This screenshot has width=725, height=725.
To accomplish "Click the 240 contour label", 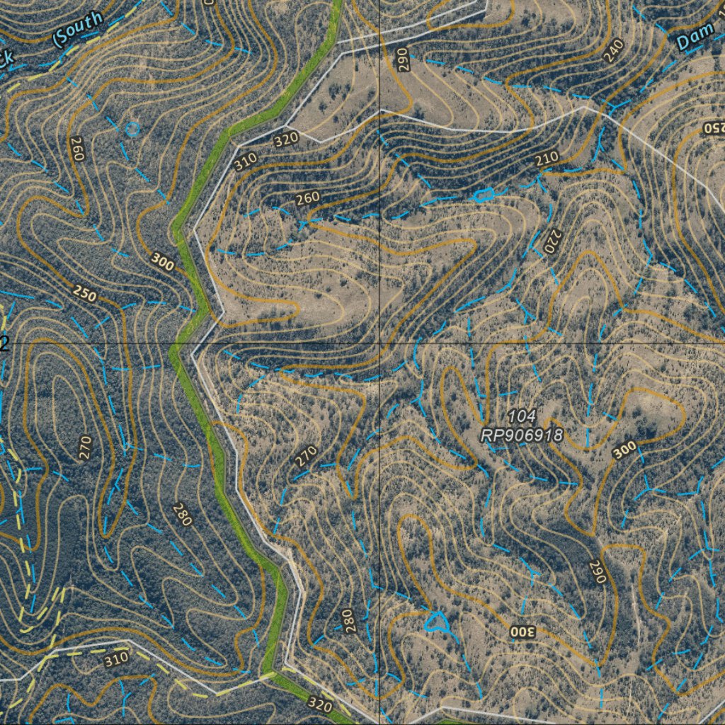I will (614, 50).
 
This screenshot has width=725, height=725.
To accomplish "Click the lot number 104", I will (522, 416).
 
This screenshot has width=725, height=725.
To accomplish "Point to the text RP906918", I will (522, 435).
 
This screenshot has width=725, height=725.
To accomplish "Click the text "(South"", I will (78, 28).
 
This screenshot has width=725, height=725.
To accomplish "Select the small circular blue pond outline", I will (132, 129).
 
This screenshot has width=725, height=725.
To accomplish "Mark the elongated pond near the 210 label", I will (483, 195).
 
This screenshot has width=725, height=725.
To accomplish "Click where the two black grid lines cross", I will (380, 343).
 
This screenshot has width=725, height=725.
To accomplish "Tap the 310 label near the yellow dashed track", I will (116, 660).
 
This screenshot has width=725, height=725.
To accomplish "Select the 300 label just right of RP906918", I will (624, 450).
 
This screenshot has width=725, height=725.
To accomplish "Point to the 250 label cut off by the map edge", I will (714, 128).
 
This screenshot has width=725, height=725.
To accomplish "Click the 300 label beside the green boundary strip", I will (163, 263).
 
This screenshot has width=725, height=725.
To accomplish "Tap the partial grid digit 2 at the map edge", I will (4, 344).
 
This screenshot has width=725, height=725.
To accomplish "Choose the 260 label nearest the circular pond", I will (77, 149).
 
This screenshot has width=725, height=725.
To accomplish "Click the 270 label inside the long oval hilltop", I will (86, 448).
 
